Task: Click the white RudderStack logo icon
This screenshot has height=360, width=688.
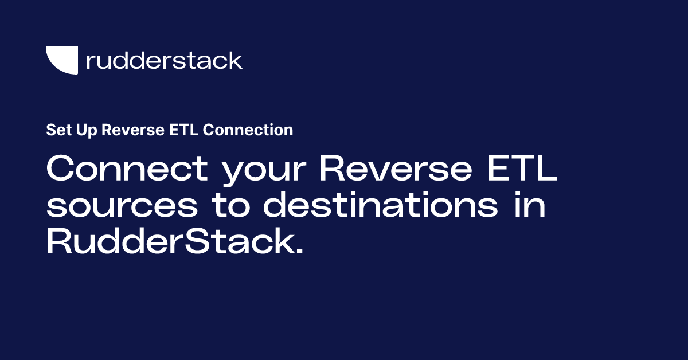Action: click(62, 60)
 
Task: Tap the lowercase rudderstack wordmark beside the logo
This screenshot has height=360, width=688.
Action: click(164, 60)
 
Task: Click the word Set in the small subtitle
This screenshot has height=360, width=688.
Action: click(56, 130)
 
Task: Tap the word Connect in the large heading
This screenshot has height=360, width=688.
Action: click(127, 169)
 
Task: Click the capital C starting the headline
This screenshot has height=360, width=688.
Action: click(62, 169)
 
